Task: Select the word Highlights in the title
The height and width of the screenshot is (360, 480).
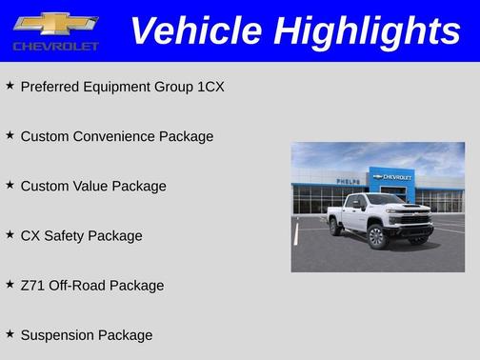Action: click(x=366, y=30)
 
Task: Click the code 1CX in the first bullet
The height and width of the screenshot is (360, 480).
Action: click(x=210, y=87)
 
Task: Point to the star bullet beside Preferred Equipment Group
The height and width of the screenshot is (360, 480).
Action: click(x=10, y=86)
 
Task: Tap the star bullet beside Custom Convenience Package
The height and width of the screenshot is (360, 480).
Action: click(x=10, y=135)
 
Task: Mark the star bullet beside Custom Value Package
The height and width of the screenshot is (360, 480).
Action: click(x=10, y=185)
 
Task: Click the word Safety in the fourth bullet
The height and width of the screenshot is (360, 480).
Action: click(x=69, y=235)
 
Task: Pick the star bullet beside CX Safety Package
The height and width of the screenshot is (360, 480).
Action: click(x=10, y=234)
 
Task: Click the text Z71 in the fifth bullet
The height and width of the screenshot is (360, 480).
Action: click(x=32, y=285)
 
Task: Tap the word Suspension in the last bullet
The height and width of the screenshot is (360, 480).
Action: click(x=58, y=335)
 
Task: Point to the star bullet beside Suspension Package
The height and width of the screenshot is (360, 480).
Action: click(x=10, y=334)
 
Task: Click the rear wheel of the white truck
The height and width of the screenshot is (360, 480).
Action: click(x=335, y=228)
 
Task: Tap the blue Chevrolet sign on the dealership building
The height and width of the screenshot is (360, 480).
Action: click(x=392, y=177)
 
